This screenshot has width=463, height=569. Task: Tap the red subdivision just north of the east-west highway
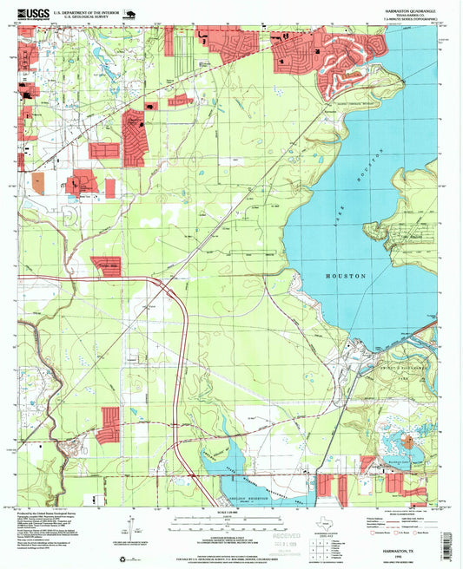click(x=109, y=267)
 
